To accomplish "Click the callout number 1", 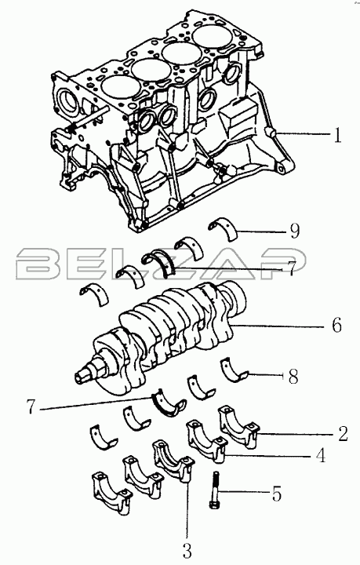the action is [x=336, y=136].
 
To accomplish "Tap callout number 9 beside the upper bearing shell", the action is [x=295, y=231].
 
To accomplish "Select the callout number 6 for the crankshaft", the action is [x=336, y=326].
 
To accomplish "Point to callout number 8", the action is [x=293, y=377].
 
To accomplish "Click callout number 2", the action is [x=343, y=434].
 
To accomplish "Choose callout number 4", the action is [x=321, y=455].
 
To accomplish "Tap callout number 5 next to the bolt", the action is [x=277, y=494].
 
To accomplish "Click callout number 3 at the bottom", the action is [x=187, y=551].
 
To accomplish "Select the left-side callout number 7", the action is [x=31, y=406].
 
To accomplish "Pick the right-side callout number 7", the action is [x=290, y=268].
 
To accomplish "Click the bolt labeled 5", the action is [x=215, y=490].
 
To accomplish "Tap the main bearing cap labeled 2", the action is [x=238, y=427].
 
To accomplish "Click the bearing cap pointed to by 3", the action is [x=173, y=461].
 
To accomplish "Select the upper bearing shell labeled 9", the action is [x=224, y=228].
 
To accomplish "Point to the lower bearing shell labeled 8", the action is [x=235, y=370].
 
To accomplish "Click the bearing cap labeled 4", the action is [x=206, y=441].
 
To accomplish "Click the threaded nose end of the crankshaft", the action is [x=82, y=376].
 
